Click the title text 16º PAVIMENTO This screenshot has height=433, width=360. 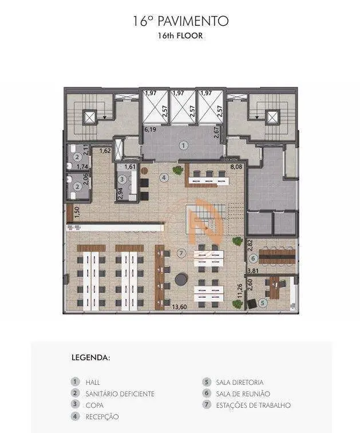pos(181,21)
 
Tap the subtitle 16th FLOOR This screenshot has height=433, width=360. pos(180,36)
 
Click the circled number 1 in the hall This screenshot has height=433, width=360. pos(184,145)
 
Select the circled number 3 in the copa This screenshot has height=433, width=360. pos(122,179)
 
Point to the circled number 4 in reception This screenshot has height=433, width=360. pos(164,178)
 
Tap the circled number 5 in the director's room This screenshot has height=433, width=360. pos(263,303)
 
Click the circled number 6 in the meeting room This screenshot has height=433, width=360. pos(253,259)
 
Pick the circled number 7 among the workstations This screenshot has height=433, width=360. pos(181,253)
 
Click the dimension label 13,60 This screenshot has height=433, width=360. pos(179,307)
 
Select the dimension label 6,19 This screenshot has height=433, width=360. pos(151,129)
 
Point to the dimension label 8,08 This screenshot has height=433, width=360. pos(236,167)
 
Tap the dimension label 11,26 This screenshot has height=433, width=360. pos(240,291)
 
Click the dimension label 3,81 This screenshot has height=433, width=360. pos(253,271)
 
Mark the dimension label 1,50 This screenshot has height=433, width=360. pos(77,212)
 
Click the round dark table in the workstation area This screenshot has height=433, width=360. pos(181,279)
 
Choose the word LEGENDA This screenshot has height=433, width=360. pos(91,357)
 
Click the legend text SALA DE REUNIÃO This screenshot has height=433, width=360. pos(243,394)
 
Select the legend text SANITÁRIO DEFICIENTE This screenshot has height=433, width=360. pos(120,394)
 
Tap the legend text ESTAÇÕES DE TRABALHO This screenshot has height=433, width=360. pos(254,406)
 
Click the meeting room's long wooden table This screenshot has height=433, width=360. pos(277,257)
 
